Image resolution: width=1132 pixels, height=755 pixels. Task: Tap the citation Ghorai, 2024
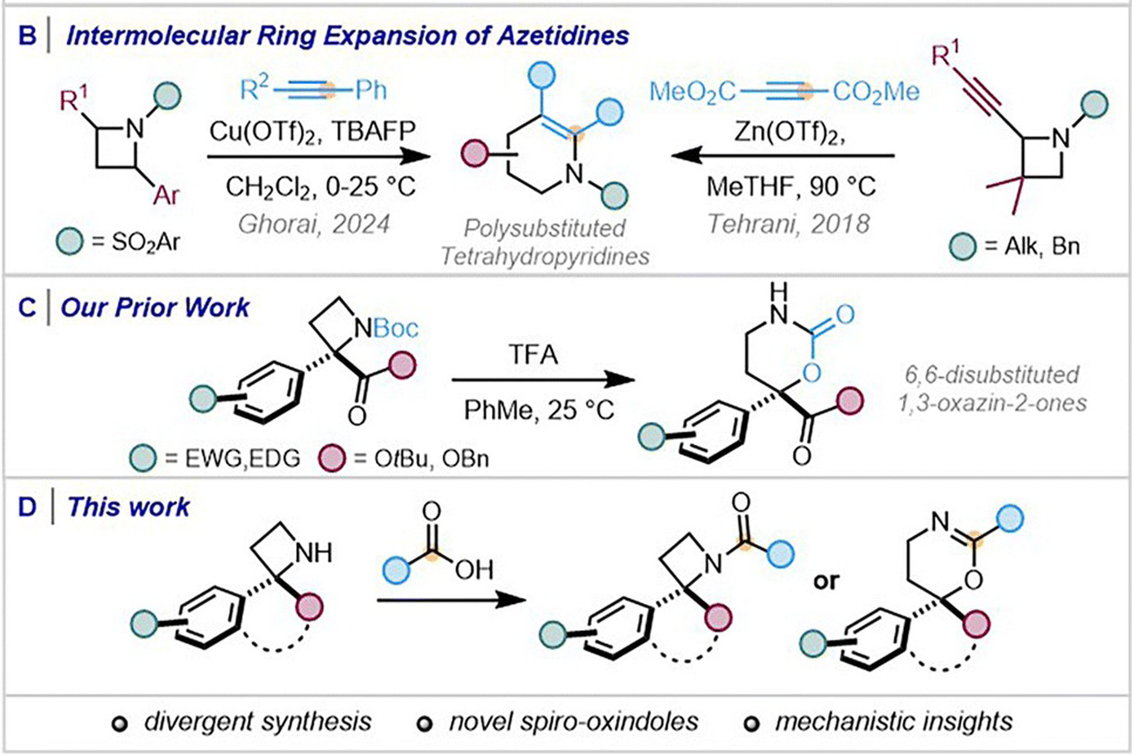(314, 224)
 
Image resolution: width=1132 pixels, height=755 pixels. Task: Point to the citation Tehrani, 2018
(789, 224)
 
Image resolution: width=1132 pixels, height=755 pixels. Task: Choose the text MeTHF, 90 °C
(791, 187)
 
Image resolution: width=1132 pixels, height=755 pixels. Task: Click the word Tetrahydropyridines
(545, 256)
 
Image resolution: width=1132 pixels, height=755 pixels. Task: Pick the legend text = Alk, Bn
(1032, 246)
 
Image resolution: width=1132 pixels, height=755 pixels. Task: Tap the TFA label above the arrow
(533, 355)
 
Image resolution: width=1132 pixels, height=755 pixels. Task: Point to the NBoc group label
(386, 328)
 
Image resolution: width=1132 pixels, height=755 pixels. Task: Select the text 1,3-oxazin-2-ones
(992, 402)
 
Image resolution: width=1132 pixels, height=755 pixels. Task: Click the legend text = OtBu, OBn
(421, 459)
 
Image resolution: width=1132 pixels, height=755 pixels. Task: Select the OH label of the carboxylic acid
(474, 570)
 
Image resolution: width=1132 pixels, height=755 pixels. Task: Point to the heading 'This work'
(129, 507)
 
